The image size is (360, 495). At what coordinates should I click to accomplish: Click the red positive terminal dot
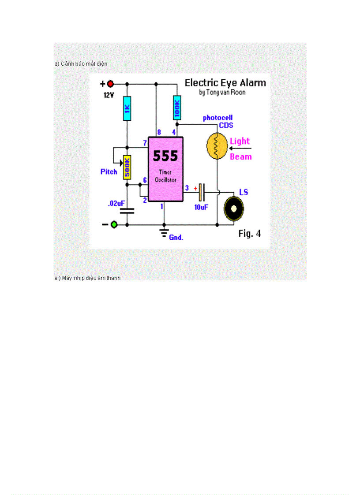click(110, 84)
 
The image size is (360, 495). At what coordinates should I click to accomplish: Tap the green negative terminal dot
click(114, 225)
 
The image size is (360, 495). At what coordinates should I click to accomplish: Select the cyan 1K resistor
click(127, 108)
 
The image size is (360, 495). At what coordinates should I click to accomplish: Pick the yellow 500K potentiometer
click(127, 167)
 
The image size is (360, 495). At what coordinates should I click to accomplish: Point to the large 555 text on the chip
click(165, 156)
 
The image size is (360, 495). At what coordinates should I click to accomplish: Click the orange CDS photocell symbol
click(216, 146)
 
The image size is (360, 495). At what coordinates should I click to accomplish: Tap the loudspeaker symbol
click(234, 208)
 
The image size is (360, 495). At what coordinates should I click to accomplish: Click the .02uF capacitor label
click(116, 204)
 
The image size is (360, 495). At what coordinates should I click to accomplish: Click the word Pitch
click(109, 171)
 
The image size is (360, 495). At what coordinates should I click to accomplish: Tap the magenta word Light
click(240, 141)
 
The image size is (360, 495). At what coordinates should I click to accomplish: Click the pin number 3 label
click(187, 188)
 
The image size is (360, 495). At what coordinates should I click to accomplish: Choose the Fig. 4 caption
click(249, 234)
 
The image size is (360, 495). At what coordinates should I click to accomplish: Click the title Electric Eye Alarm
click(225, 83)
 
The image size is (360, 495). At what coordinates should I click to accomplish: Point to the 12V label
click(109, 95)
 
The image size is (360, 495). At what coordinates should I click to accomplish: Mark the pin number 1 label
click(161, 206)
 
